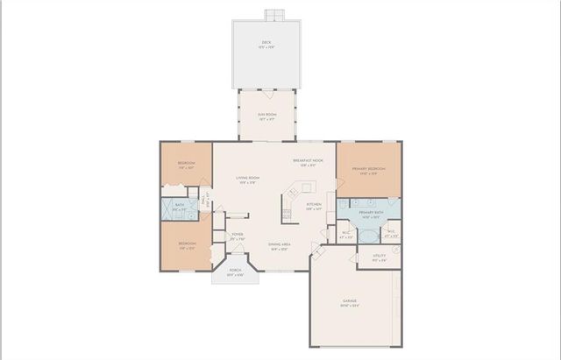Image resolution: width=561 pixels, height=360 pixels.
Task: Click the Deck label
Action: (x=266, y=43)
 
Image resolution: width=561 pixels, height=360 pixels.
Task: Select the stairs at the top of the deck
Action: (x=273, y=14)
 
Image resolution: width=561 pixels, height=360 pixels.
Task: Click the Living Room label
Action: (x=246, y=180)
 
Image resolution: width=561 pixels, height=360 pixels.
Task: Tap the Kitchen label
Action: (x=314, y=207)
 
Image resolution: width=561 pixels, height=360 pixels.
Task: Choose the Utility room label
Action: (x=379, y=258)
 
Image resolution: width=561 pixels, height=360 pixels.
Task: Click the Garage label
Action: (x=349, y=303)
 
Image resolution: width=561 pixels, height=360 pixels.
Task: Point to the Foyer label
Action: (x=237, y=236)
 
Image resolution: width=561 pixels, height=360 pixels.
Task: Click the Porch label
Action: (x=236, y=272)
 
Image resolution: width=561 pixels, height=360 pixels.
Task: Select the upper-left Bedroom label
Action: (x=187, y=165)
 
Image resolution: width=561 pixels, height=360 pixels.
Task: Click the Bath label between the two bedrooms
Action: (x=177, y=208)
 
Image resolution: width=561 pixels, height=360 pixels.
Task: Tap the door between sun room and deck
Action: (x=266, y=91)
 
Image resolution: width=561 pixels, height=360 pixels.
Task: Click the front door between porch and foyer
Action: (x=233, y=257)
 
